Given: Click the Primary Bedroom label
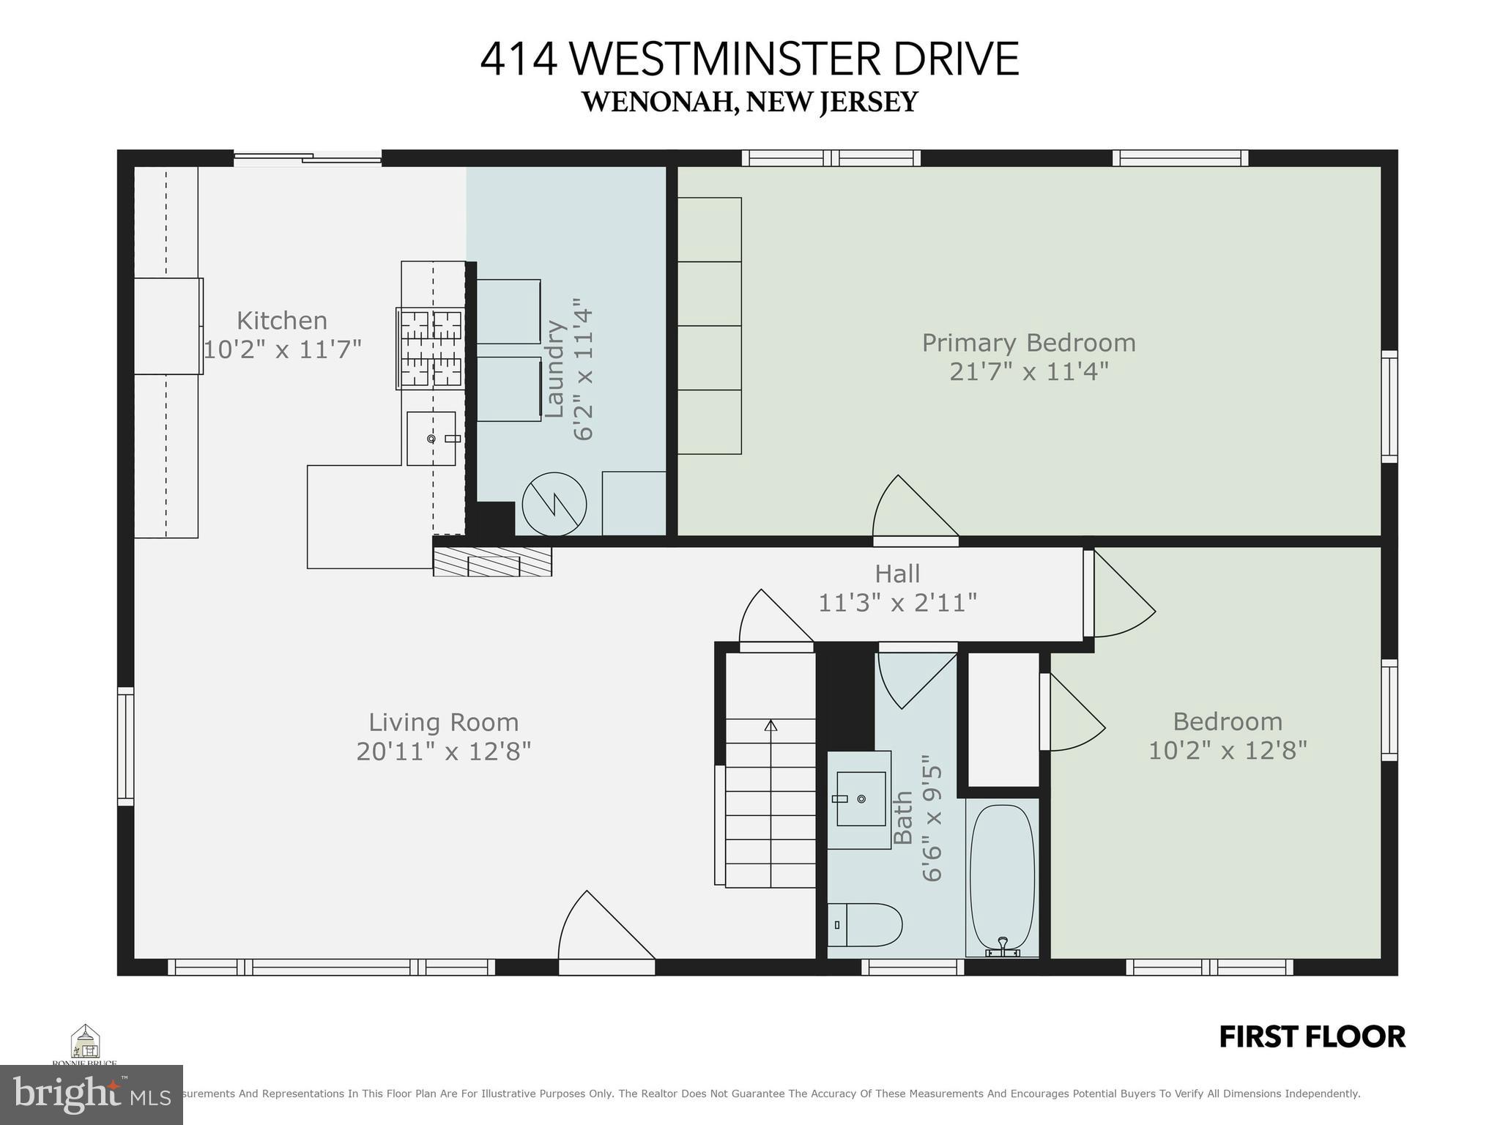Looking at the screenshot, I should click(x=1028, y=343).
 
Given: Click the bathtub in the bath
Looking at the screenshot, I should click(x=1002, y=879).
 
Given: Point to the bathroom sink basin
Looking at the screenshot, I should click(x=861, y=798).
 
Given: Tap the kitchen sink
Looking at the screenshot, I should click(x=431, y=438).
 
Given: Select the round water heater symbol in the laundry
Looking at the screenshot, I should click(x=554, y=505).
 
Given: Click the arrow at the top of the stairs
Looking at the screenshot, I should click(x=771, y=726).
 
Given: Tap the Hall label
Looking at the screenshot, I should click(x=897, y=573).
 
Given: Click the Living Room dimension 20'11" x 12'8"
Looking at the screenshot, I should click(x=443, y=751).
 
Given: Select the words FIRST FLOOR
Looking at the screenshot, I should click(x=1312, y=1037).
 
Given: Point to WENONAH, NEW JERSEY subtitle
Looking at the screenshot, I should click(x=749, y=102).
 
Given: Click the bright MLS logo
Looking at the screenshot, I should click(x=91, y=1095).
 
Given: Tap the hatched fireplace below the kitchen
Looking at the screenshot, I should click(x=492, y=562).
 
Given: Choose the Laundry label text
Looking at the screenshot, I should click(x=554, y=370).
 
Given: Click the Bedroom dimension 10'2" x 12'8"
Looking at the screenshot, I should click(x=1228, y=751).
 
